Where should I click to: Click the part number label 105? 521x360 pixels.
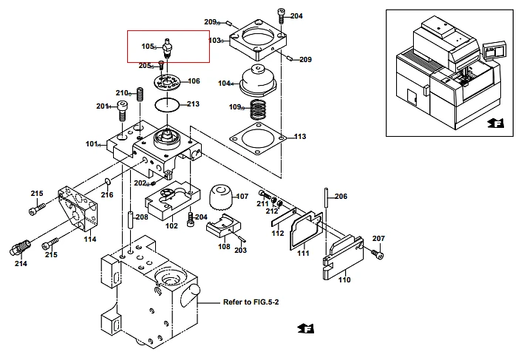[x=147, y=47]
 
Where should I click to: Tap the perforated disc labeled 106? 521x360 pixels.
[x=168, y=81]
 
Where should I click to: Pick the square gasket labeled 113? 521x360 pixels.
[x=259, y=139]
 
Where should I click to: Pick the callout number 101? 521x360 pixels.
[x=92, y=144]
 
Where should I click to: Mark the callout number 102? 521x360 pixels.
[x=171, y=226]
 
